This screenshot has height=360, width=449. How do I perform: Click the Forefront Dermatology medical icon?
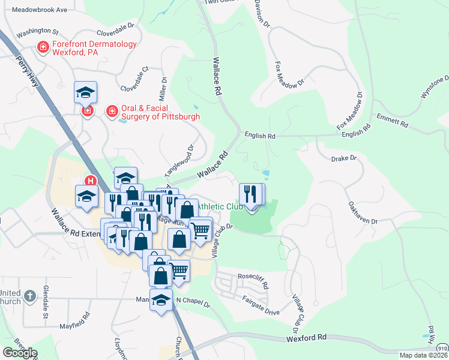(43, 47)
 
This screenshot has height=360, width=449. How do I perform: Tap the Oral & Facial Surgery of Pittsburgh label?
(160, 112)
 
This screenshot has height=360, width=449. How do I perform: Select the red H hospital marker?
(91, 180)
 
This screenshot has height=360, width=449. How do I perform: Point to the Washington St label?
(37, 32)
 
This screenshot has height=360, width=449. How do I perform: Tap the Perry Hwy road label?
(28, 73)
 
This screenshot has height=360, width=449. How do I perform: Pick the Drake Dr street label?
(344, 158)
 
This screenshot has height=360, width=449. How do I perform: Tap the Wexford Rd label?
(306, 338)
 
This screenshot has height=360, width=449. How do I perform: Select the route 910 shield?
(441, 347)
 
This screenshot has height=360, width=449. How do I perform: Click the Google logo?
(20, 352)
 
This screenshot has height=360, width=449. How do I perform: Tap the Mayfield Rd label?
(75, 320)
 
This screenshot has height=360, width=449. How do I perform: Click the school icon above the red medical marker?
(86, 93)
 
